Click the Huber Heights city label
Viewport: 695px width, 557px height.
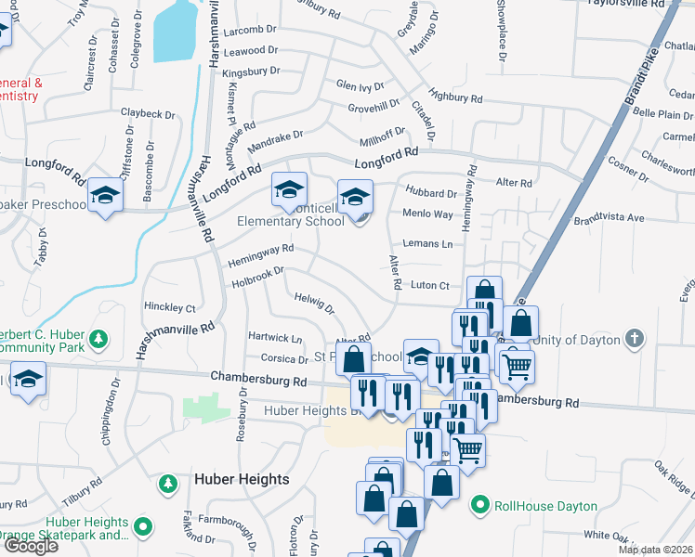(242, 479)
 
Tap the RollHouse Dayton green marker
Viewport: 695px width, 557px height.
(479, 506)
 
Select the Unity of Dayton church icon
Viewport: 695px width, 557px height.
(634, 339)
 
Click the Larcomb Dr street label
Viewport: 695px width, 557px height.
(250, 32)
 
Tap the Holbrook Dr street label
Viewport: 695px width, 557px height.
(257, 275)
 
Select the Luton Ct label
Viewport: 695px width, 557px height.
(429, 286)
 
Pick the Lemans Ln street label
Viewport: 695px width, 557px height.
(427, 243)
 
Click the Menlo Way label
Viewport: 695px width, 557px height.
(427, 214)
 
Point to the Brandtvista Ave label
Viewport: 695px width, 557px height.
(609, 218)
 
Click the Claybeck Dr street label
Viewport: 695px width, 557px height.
(148, 114)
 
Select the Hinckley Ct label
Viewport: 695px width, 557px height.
(170, 307)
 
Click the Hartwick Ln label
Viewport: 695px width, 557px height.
(274, 338)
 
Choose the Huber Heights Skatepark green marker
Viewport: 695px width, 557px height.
(143, 527)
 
